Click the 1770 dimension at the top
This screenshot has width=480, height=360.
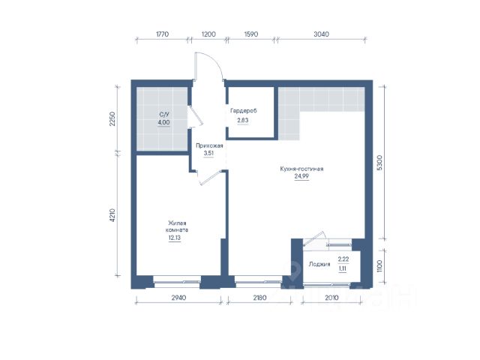(162, 34)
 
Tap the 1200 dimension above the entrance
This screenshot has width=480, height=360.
(208, 34)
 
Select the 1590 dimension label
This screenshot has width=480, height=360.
(251, 34)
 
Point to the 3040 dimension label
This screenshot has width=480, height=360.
(322, 34)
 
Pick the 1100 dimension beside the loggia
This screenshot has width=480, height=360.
(379, 266)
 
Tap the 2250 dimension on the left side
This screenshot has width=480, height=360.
(112, 119)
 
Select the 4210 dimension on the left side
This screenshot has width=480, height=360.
(112, 215)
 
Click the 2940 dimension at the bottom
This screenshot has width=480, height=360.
(178, 298)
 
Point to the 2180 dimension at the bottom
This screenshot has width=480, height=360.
(259, 298)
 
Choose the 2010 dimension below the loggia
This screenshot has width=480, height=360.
(331, 298)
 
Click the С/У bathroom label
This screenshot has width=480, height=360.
(164, 115)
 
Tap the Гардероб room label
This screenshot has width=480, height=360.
(244, 111)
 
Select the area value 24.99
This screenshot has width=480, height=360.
(301, 176)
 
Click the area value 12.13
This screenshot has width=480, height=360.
(175, 238)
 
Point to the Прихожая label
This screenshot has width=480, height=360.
(209, 145)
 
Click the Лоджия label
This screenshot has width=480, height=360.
(319, 264)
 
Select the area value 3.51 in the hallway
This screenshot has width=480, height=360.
(208, 153)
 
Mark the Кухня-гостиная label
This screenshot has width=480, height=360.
(301, 169)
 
